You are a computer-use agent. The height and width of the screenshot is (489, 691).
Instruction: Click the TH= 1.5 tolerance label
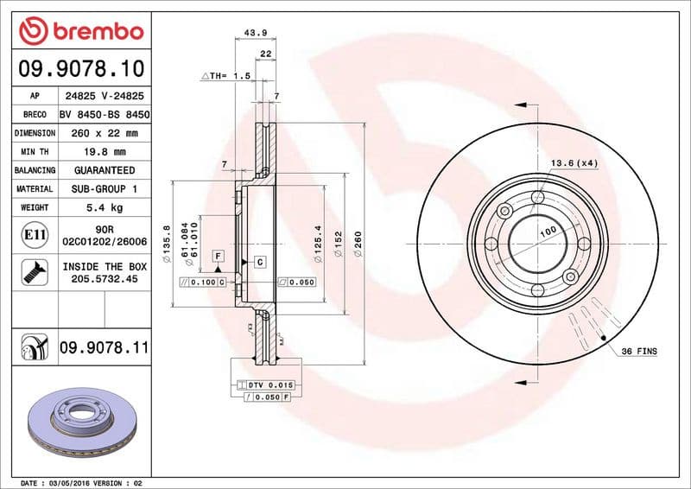(x=226, y=77)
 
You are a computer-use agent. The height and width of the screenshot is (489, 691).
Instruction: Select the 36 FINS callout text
(x=638, y=352)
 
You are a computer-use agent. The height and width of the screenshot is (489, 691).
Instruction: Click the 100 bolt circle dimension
(x=547, y=234)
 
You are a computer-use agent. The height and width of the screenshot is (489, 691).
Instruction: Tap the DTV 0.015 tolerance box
(x=271, y=384)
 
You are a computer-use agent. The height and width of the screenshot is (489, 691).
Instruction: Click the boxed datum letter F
(x=218, y=256)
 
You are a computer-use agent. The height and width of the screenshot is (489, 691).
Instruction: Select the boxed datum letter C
(x=259, y=261)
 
